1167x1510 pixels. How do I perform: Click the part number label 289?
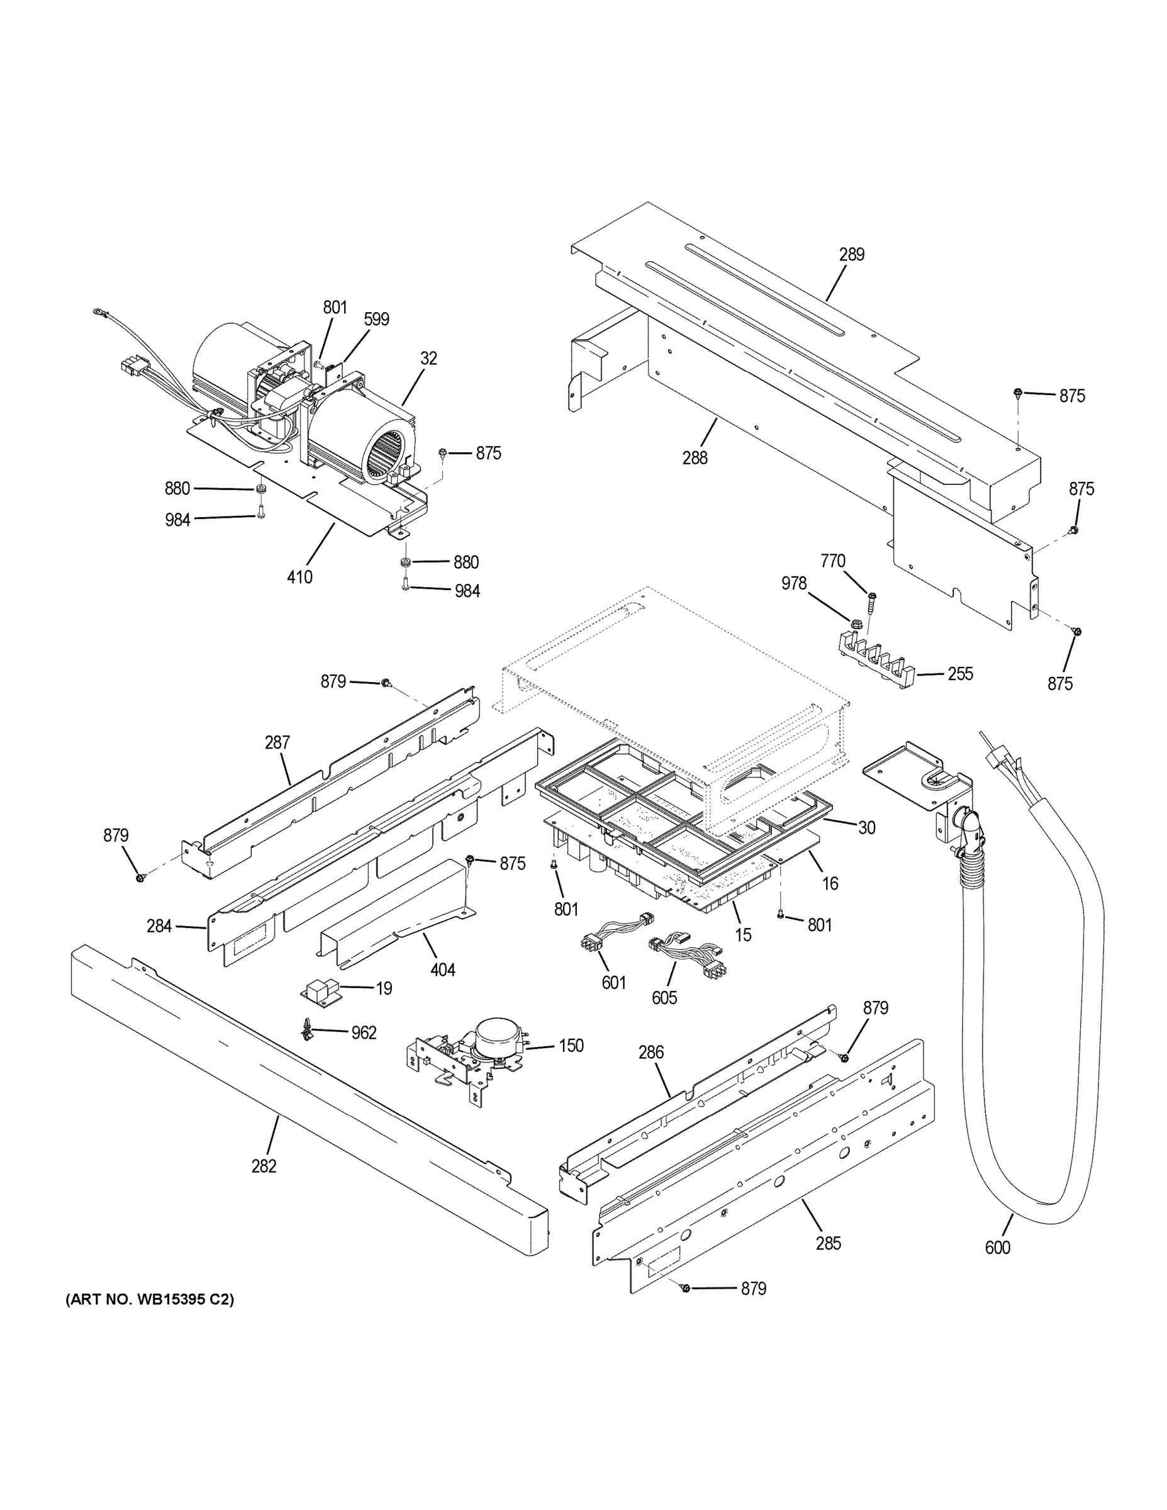pos(852,254)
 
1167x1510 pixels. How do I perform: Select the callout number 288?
pos(695,457)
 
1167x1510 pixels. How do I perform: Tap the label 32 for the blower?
pos(428,358)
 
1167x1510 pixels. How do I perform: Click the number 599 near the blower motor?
pos(377,319)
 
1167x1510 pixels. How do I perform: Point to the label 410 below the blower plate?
pos(299,576)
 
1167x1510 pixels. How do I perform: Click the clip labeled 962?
pos(306,1032)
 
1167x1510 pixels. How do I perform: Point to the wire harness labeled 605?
pos(681,954)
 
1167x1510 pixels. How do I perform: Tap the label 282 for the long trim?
pos(264,1166)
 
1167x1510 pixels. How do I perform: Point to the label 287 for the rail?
pos(277,742)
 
